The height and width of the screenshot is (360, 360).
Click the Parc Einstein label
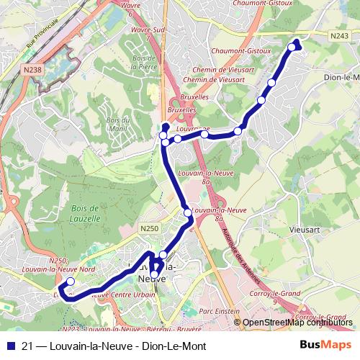219,311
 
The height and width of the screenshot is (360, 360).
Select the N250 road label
148,228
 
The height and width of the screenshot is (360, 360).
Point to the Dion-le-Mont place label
341,77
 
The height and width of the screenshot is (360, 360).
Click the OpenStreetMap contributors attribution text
297,323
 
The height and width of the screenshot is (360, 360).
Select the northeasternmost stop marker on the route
292,48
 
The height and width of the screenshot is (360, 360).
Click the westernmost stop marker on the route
70,282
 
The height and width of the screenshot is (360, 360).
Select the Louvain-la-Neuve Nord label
59,269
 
